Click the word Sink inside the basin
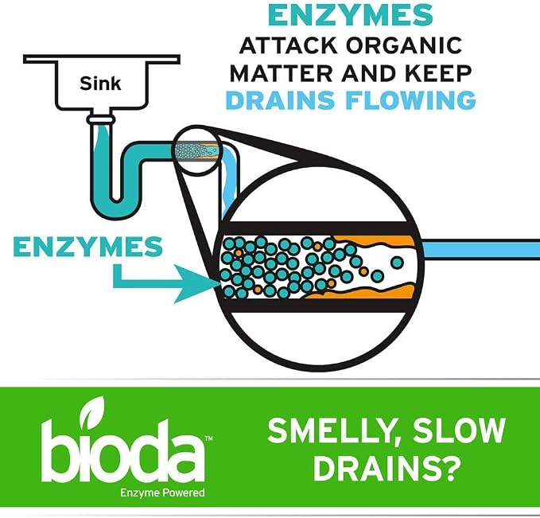point(100,84)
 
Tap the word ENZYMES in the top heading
point(351,15)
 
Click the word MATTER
point(282,72)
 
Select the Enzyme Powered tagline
point(162,493)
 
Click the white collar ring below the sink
point(100,119)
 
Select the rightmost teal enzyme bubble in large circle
point(397,263)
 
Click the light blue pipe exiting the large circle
point(481,249)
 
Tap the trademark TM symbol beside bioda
point(208,438)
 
